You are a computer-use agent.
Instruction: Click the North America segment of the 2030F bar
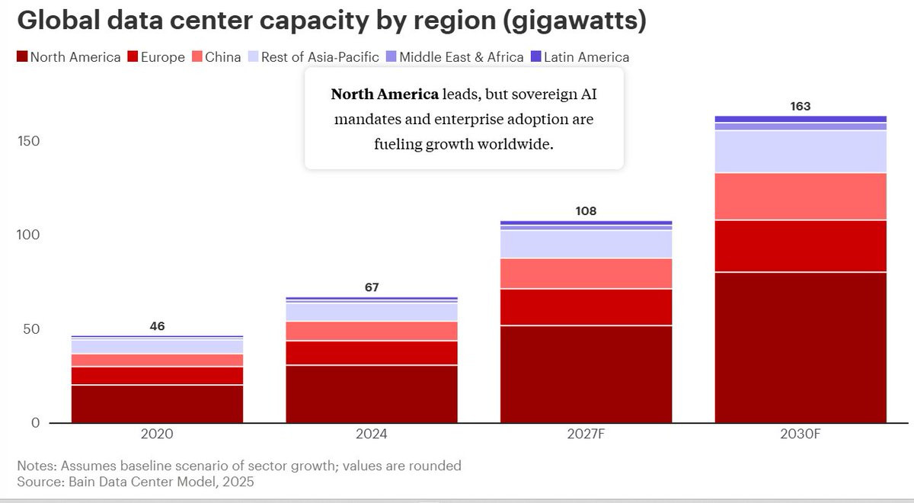801,347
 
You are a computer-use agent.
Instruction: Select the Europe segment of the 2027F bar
586,307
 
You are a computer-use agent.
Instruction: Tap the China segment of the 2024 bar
372,331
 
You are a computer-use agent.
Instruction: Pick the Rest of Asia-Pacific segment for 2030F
801,152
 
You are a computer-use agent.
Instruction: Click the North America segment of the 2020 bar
157,403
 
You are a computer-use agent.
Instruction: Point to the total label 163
801,107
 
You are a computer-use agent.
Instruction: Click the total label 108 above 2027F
586,211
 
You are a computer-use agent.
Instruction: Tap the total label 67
372,287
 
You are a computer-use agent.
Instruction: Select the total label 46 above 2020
157,326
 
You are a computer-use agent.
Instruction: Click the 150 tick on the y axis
29,142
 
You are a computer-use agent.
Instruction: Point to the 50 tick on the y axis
29,329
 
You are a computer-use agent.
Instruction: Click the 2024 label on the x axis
372,434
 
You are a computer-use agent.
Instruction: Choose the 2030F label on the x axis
801,434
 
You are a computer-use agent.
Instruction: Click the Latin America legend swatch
535,57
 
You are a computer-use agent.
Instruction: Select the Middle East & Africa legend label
462,57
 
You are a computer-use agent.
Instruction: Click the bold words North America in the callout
385,95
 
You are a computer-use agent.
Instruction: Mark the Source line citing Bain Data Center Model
136,482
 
